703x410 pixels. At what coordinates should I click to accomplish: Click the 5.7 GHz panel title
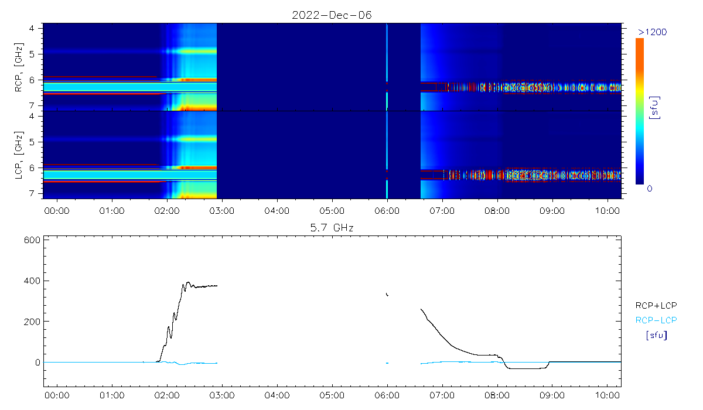332,227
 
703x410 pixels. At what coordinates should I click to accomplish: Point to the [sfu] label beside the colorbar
655,108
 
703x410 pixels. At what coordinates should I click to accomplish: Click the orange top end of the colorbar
640,42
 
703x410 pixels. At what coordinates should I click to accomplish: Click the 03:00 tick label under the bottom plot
221,395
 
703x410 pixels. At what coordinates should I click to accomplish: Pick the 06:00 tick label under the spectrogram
387,209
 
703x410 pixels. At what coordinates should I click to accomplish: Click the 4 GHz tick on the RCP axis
38,28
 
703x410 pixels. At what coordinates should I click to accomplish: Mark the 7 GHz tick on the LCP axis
38,193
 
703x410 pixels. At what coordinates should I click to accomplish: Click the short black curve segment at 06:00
387,294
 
